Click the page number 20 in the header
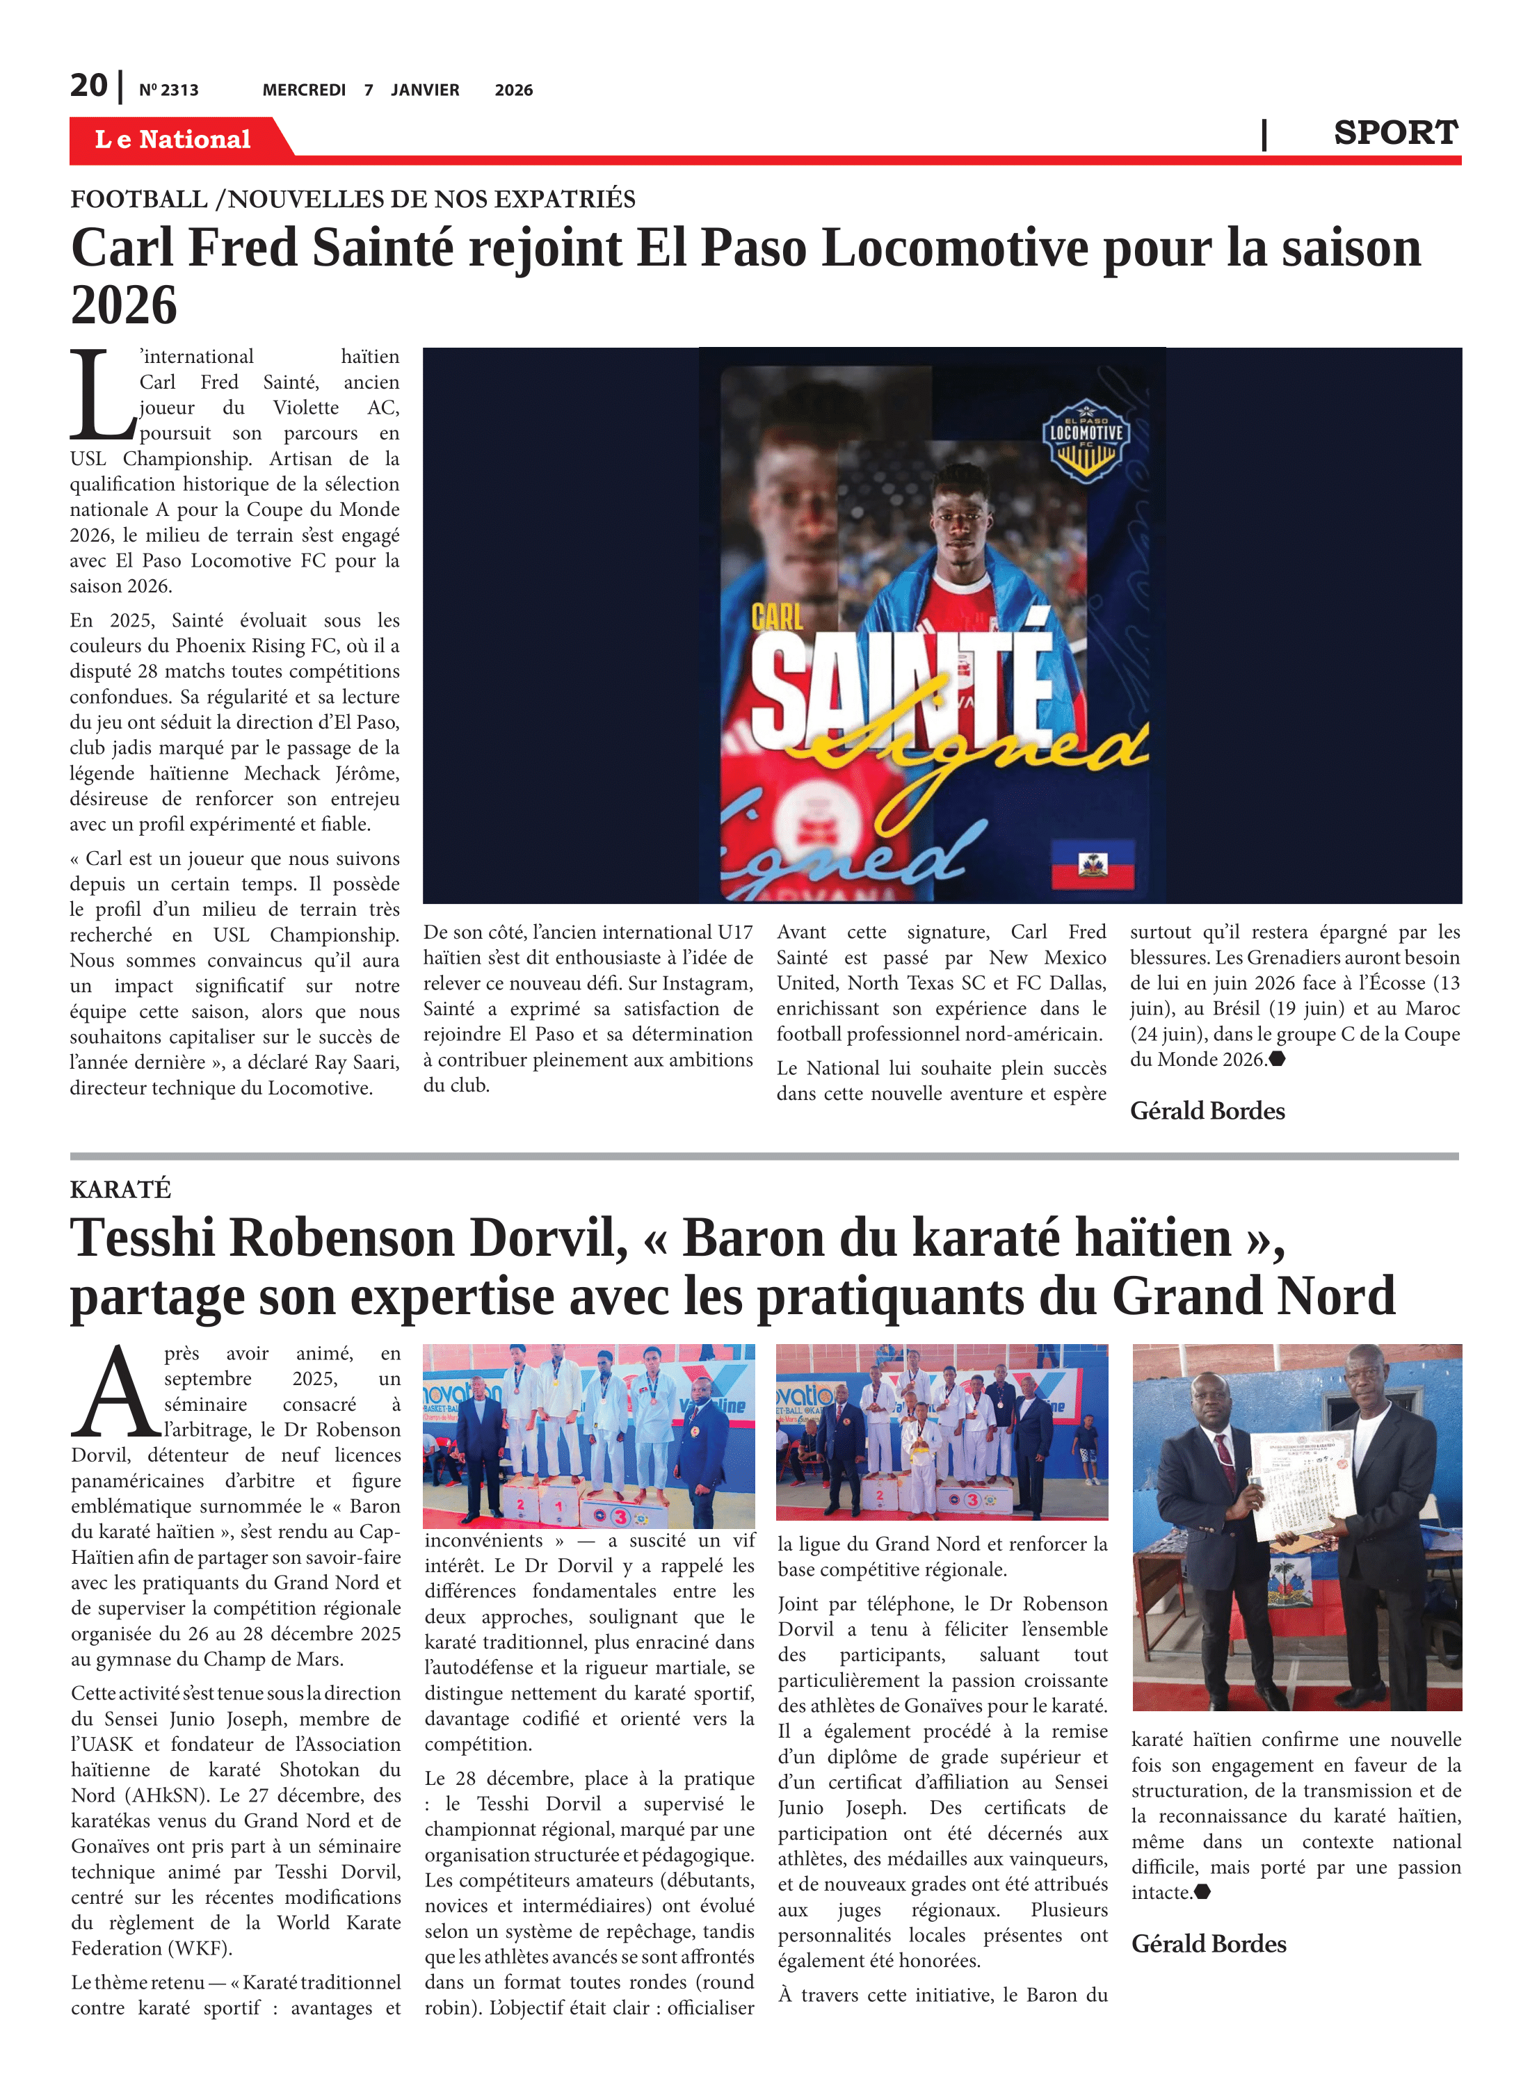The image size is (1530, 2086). tap(89, 86)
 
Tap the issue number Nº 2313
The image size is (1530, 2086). tap(168, 90)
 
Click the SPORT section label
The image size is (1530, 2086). tap(1395, 134)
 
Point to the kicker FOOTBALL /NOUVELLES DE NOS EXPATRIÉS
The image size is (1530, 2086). tap(353, 199)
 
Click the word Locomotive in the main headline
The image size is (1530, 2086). tap(955, 248)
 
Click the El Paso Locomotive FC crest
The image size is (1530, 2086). tap(1086, 439)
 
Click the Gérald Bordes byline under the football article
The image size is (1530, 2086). tap(1207, 1110)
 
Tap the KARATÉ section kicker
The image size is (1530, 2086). tap(120, 1189)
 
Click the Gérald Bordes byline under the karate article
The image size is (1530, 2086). tap(1209, 1943)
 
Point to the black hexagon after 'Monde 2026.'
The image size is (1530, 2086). tap(1277, 1059)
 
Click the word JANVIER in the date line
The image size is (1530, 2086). tap(424, 90)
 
